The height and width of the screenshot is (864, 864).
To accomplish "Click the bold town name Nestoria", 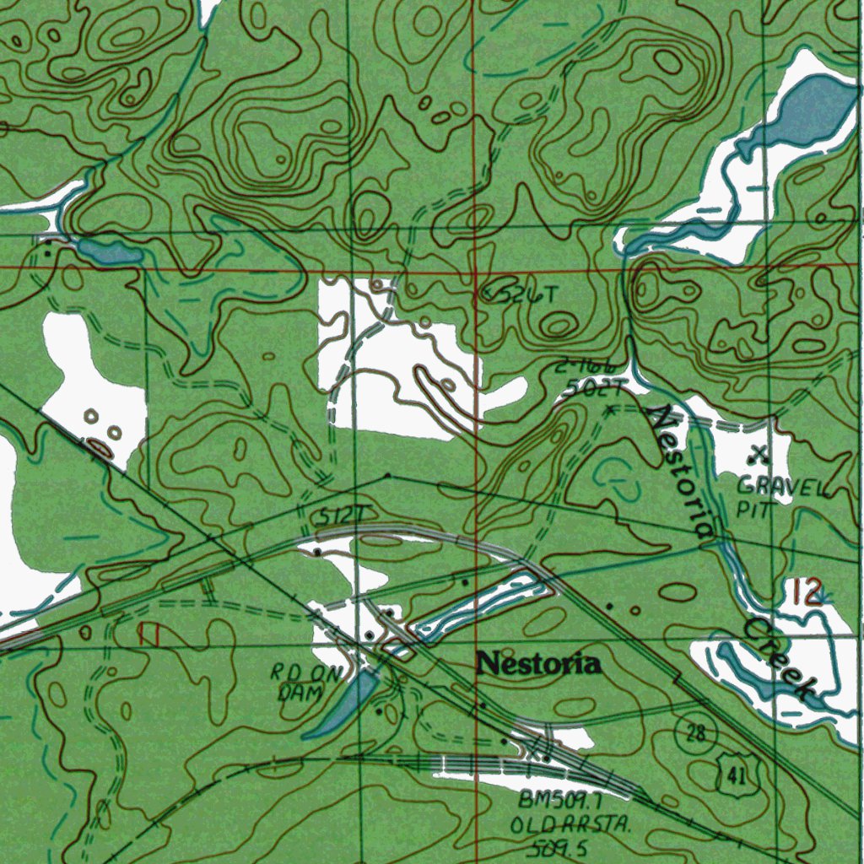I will [x=538, y=664].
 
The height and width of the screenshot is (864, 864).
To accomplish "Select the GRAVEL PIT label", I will [x=769, y=497].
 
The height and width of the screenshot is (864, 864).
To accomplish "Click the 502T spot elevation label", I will [x=595, y=388].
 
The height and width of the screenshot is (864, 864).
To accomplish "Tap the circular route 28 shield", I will [x=695, y=732].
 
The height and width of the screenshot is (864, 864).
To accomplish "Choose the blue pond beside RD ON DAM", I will [x=342, y=705].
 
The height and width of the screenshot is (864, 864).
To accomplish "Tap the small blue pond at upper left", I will [x=110, y=251].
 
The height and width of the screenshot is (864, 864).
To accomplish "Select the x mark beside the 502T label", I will [x=610, y=410].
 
